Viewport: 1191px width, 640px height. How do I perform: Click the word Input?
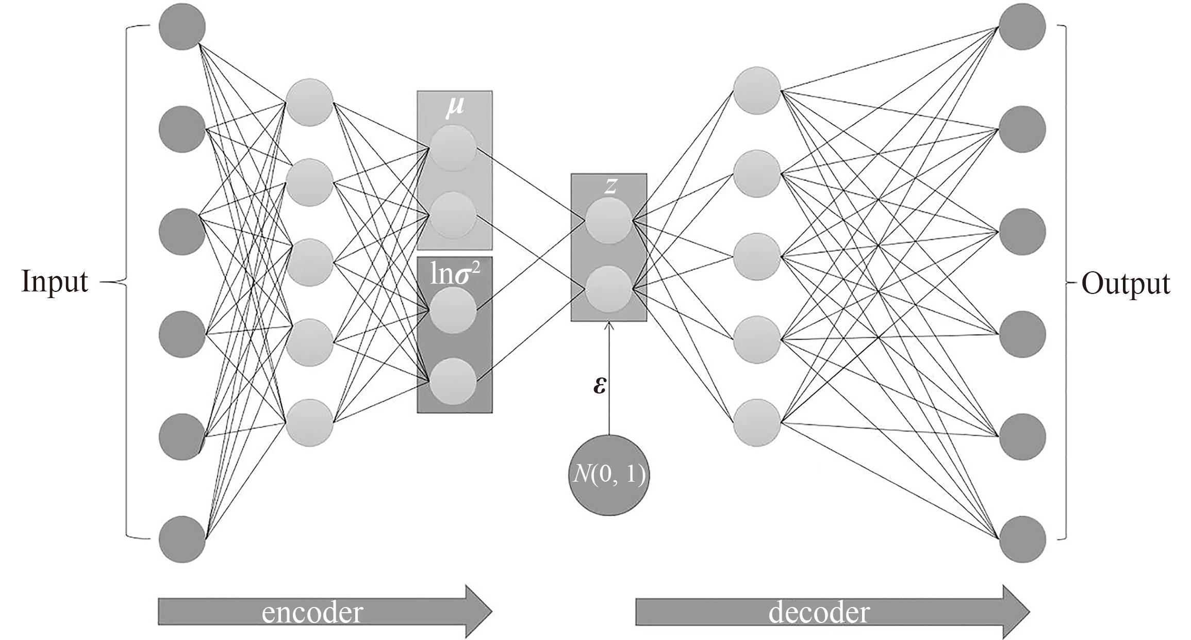[x=55, y=283]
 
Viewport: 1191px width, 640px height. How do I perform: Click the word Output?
[x=1126, y=284]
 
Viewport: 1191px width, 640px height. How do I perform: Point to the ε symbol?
[x=600, y=385]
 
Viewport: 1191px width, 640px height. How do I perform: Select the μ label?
[x=454, y=107]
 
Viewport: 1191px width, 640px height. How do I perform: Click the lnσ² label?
[x=455, y=275]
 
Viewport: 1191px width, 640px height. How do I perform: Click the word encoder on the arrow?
[x=312, y=612]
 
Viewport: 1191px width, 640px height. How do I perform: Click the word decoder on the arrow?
[x=819, y=612]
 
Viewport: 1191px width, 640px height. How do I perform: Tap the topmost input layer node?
[x=182, y=27]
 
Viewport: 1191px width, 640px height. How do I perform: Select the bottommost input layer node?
[x=182, y=539]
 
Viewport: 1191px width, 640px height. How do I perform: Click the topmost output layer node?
[x=1022, y=27]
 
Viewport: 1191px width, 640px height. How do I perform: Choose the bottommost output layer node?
[x=1022, y=539]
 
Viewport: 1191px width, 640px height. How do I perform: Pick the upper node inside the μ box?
[x=453, y=149]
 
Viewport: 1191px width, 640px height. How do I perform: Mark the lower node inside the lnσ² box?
[x=453, y=381]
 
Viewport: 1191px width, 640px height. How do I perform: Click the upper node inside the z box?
[x=609, y=221]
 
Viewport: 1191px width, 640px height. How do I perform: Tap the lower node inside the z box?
[x=609, y=289]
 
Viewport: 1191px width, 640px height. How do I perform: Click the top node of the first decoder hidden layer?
[x=757, y=90]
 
